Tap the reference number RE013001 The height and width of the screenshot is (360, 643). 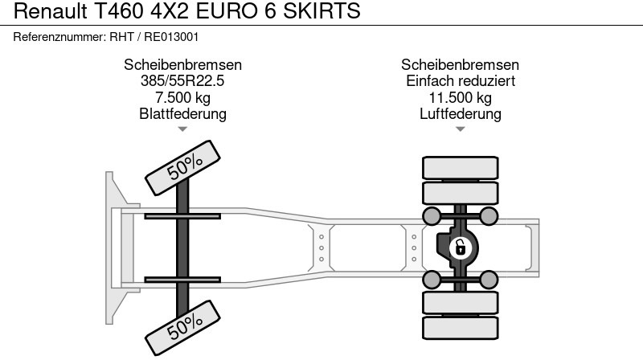point(172,36)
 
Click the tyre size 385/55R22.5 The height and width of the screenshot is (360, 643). point(182,81)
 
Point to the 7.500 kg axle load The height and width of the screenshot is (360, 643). point(182,98)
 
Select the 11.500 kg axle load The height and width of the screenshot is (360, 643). point(460,98)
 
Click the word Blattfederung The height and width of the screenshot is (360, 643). point(182,114)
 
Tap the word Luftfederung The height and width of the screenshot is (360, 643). point(460,114)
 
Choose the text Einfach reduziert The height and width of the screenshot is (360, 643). point(460,81)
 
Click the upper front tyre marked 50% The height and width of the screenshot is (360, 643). point(183,166)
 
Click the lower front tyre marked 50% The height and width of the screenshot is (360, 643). point(183,325)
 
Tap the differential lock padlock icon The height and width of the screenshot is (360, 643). point(460,247)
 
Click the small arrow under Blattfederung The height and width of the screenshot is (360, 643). point(182,129)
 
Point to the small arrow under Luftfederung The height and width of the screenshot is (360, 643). point(460,129)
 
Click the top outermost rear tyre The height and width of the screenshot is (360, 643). point(460,168)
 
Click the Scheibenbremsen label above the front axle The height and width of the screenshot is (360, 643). point(182,65)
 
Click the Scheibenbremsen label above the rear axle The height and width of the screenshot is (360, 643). point(460,65)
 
